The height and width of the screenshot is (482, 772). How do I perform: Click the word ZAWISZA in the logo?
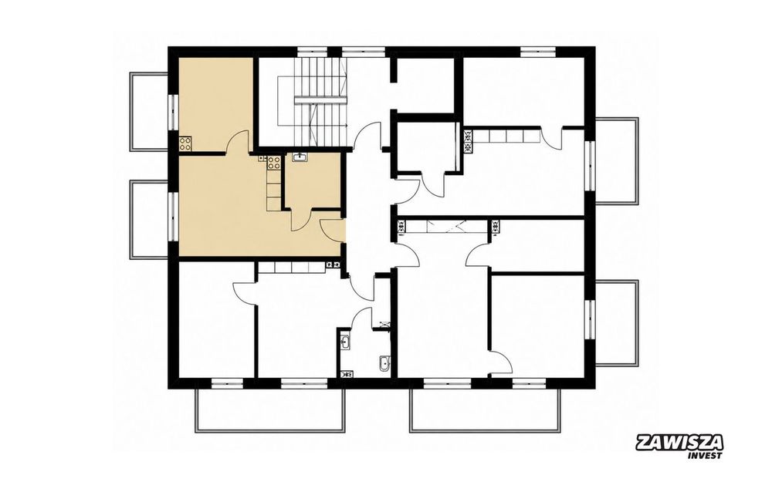pos(679,443)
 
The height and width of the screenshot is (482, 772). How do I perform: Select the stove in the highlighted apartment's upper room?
pos(185,143)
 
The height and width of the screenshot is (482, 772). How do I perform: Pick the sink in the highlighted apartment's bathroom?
pos(300,157)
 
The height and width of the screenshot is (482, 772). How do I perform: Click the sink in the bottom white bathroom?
pos(344,342)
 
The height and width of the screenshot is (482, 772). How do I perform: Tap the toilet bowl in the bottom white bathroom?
pos(384,363)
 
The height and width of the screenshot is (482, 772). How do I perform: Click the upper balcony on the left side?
pos(149,112)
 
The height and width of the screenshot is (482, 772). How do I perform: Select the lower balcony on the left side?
pos(149,219)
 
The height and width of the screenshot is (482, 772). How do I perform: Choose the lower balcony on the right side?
pos(618,322)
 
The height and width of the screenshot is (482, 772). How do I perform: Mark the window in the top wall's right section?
pos(538,51)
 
